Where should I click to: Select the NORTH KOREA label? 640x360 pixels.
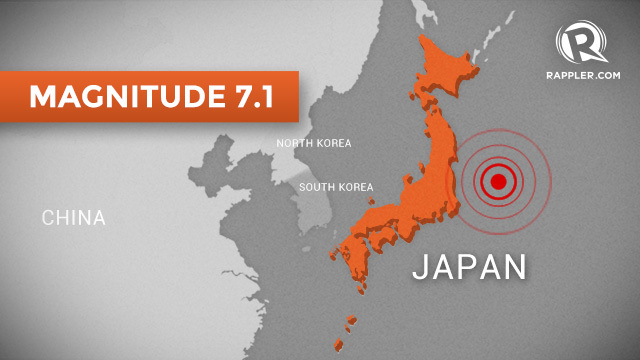[x=314, y=144]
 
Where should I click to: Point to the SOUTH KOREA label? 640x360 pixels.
[x=336, y=187]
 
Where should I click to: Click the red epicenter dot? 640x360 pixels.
[x=495, y=181]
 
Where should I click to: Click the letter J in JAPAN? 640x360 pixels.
[x=420, y=267]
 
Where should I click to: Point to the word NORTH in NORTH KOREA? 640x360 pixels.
[x=294, y=144]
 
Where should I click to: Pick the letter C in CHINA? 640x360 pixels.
[x=48, y=217]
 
